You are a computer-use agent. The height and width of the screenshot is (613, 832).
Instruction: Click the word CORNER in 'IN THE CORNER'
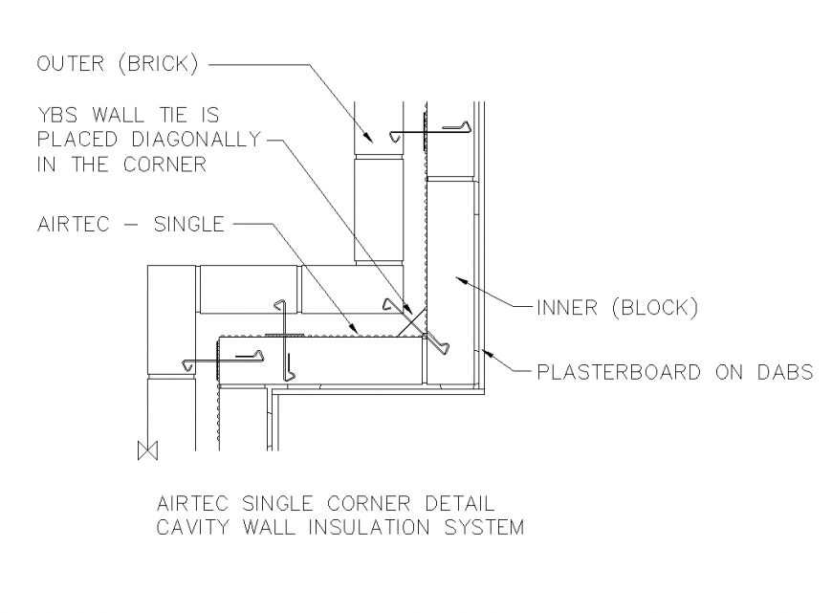point(164,164)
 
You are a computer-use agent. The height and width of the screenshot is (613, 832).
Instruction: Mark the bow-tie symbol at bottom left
point(146,449)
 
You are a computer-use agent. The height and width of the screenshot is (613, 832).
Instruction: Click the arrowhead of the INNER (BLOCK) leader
point(457,280)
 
